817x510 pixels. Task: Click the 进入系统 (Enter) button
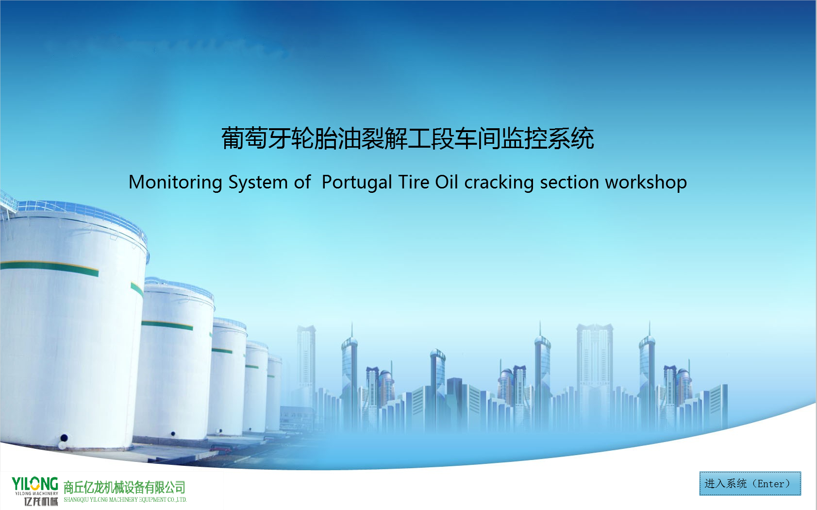tap(750, 483)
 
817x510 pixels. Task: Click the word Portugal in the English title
tap(357, 182)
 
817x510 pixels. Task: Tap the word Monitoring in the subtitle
tap(175, 182)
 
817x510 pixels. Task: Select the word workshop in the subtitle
tap(646, 182)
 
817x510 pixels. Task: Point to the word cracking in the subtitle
tap(499, 182)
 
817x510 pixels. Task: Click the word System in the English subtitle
tap(258, 182)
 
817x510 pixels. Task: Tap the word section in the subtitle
tap(569, 182)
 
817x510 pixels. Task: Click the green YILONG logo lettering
tap(34, 484)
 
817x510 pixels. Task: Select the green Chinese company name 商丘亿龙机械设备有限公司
tap(124, 487)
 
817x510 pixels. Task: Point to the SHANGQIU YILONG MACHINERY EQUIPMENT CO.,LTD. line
tap(125, 499)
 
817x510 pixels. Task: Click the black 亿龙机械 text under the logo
tap(41, 502)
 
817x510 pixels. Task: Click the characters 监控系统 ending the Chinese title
tap(548, 138)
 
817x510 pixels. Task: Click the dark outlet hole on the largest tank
tap(64, 438)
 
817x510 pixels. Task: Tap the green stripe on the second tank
tap(167, 325)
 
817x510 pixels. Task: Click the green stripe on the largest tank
tap(49, 268)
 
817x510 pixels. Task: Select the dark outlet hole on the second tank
tap(173, 434)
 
